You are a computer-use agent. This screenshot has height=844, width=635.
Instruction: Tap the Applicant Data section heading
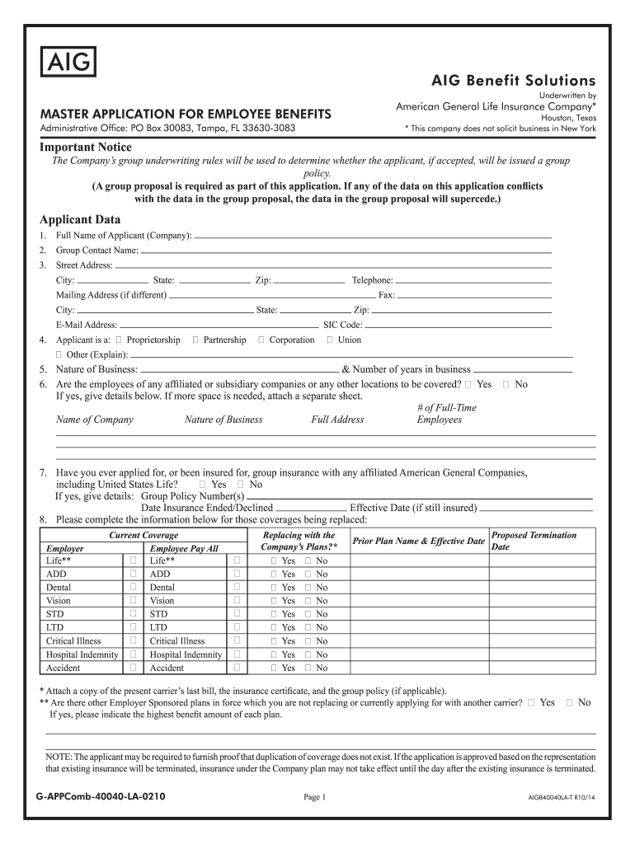tap(80, 219)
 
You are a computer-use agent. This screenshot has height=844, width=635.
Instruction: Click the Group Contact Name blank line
tap(346, 250)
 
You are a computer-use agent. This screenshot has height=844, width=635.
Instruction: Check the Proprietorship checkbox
tap(120, 340)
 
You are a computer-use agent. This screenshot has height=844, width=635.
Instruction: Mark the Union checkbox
tap(330, 340)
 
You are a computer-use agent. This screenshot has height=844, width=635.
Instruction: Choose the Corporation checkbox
tap(261, 340)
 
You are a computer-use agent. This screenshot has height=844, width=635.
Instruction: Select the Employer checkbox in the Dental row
tap(133, 587)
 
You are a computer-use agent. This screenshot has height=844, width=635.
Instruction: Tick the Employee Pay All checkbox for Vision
tap(237, 600)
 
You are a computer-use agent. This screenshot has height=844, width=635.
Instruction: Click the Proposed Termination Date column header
tap(534, 541)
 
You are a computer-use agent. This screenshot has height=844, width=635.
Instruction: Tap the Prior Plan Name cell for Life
tap(418, 560)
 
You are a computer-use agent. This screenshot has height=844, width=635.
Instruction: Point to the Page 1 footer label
tap(316, 797)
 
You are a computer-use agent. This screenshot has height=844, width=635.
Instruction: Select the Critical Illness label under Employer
tap(73, 640)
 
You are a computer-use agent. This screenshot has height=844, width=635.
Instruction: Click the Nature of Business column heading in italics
tap(223, 420)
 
